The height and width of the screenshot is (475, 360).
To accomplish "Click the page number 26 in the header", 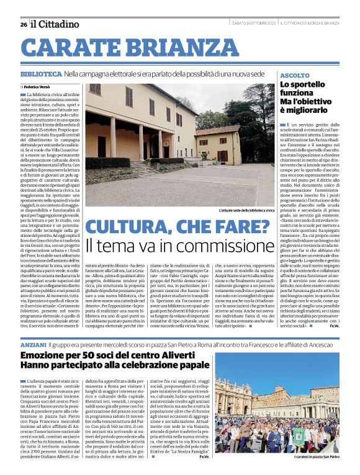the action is click(x=24, y=24).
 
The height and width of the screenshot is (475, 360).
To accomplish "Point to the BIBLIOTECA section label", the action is click(x=40, y=74).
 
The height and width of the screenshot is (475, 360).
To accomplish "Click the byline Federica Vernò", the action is click(x=40, y=87).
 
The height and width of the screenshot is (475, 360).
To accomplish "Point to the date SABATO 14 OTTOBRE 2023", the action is click(x=254, y=24).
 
